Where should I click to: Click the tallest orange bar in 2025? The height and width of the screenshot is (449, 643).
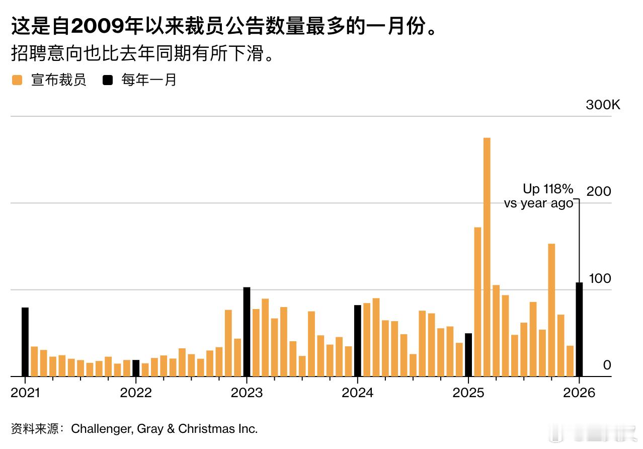(487, 257)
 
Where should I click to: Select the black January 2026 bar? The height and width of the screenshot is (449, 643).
(579, 329)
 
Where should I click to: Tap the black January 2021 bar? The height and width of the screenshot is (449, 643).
(25, 342)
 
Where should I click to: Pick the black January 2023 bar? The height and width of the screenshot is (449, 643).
(247, 332)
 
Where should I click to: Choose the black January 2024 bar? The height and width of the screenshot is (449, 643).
(358, 341)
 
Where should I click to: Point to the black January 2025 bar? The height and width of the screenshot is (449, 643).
(468, 355)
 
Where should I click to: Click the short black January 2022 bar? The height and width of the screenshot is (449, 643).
(136, 368)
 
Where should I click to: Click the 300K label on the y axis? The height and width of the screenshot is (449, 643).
(603, 105)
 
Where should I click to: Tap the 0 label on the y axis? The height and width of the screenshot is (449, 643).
(607, 365)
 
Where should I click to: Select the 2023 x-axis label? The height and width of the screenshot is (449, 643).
(247, 393)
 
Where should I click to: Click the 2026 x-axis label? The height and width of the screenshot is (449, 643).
(579, 393)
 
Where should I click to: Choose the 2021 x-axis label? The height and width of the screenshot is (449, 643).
(25, 393)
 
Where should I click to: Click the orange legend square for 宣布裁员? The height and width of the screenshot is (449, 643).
(18, 80)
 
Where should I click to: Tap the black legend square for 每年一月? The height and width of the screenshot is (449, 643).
(107, 80)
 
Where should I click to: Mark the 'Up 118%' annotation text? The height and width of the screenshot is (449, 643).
(547, 189)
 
